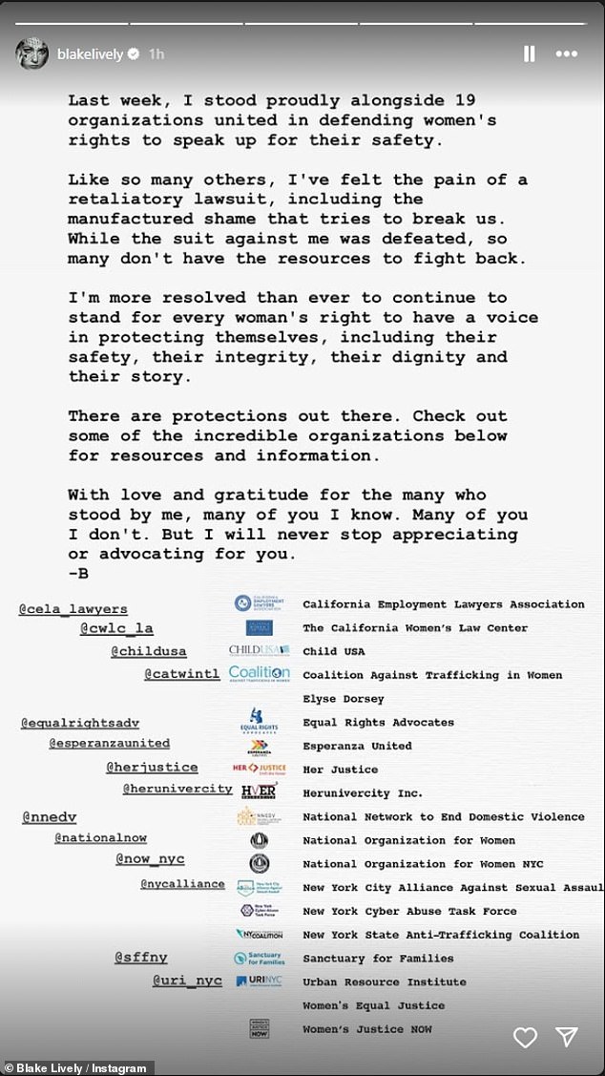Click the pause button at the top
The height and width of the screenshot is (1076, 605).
click(529, 54)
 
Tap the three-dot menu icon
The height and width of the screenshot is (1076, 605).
click(567, 54)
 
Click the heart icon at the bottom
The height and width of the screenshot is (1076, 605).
click(525, 1037)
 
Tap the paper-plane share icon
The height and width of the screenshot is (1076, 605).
click(567, 1037)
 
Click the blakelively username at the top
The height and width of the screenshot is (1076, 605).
click(91, 54)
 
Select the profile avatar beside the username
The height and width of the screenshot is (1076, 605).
click(31, 54)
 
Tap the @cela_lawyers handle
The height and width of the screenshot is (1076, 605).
click(73, 609)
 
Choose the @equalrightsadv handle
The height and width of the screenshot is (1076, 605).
click(80, 723)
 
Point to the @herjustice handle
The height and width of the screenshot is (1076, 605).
click(152, 767)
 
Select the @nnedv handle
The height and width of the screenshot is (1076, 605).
click(49, 817)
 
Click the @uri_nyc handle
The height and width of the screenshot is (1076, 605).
click(187, 981)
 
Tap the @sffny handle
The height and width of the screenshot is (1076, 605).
click(141, 957)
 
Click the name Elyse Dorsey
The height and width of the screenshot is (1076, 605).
click(344, 699)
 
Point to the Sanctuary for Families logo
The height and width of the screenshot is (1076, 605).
click(258, 958)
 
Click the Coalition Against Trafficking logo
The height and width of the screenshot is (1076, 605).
click(259, 674)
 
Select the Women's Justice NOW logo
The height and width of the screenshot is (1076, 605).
click(258, 1029)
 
